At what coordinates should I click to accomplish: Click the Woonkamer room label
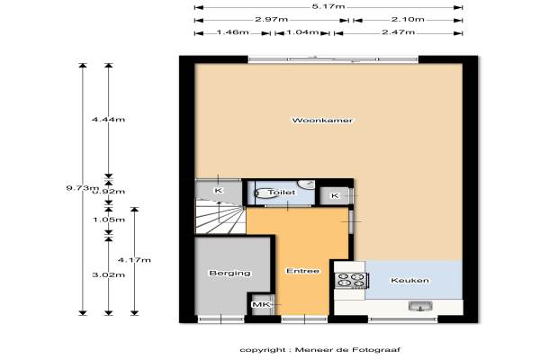(322, 121)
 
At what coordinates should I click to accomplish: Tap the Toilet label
(282, 193)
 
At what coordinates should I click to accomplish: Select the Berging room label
(229, 274)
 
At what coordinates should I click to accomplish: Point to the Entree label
(302, 271)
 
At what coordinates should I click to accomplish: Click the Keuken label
(409, 281)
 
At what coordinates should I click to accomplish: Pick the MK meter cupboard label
(261, 304)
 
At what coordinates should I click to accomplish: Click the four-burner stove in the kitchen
(352, 280)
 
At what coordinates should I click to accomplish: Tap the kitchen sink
(420, 306)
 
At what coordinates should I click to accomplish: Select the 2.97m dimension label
(272, 19)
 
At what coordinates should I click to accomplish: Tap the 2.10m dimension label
(408, 19)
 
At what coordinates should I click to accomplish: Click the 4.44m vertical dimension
(108, 120)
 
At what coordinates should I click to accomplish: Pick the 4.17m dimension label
(134, 260)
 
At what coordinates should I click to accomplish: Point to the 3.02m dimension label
(109, 274)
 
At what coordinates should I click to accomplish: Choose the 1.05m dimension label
(109, 220)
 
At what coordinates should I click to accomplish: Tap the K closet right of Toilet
(335, 195)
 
